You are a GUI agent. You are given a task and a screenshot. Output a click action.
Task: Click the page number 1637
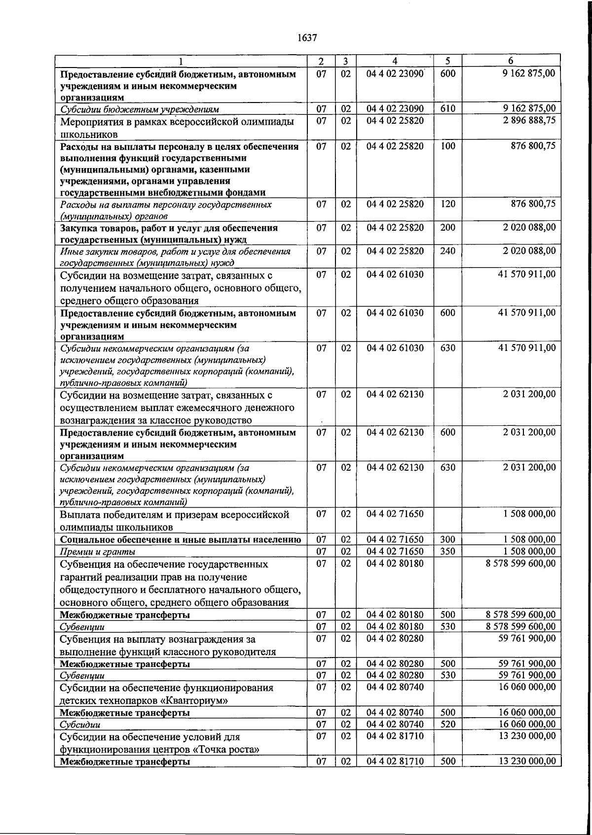click(x=307, y=38)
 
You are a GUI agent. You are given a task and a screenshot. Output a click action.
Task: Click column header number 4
click(x=394, y=61)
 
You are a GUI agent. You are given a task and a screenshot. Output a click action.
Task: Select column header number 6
click(x=511, y=61)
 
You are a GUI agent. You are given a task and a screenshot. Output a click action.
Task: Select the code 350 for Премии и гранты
click(x=447, y=551)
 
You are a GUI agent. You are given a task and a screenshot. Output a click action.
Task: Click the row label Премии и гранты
click(x=97, y=552)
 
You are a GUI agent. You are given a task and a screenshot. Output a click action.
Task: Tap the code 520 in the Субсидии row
click(x=447, y=724)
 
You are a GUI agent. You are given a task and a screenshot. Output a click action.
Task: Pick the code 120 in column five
click(x=447, y=204)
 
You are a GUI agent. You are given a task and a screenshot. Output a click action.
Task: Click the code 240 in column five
click(x=447, y=251)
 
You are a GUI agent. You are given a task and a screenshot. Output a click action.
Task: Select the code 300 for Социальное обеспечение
click(x=447, y=539)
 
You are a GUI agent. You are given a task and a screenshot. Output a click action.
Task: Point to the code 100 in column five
click(x=447, y=146)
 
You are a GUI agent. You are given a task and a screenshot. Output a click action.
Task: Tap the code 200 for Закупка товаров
click(x=447, y=228)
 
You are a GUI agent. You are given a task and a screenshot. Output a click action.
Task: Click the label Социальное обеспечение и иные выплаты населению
click(x=180, y=540)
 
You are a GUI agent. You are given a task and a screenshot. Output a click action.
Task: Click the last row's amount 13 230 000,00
click(x=527, y=761)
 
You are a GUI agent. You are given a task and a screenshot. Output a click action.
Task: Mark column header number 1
click(x=181, y=61)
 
